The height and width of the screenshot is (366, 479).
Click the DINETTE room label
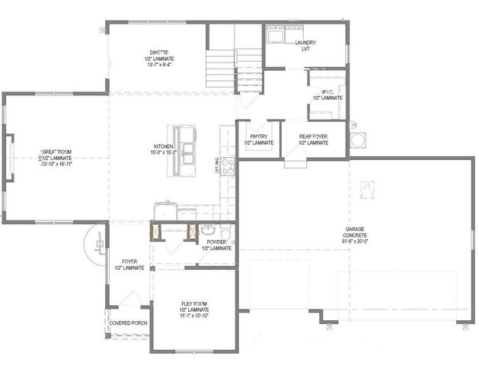[x=159, y=51]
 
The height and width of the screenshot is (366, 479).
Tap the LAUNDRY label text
[x=305, y=43]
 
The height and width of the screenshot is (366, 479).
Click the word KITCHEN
[x=164, y=146]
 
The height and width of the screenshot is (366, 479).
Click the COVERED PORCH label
[x=129, y=323]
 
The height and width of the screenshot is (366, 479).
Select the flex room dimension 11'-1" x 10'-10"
[x=194, y=317]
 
